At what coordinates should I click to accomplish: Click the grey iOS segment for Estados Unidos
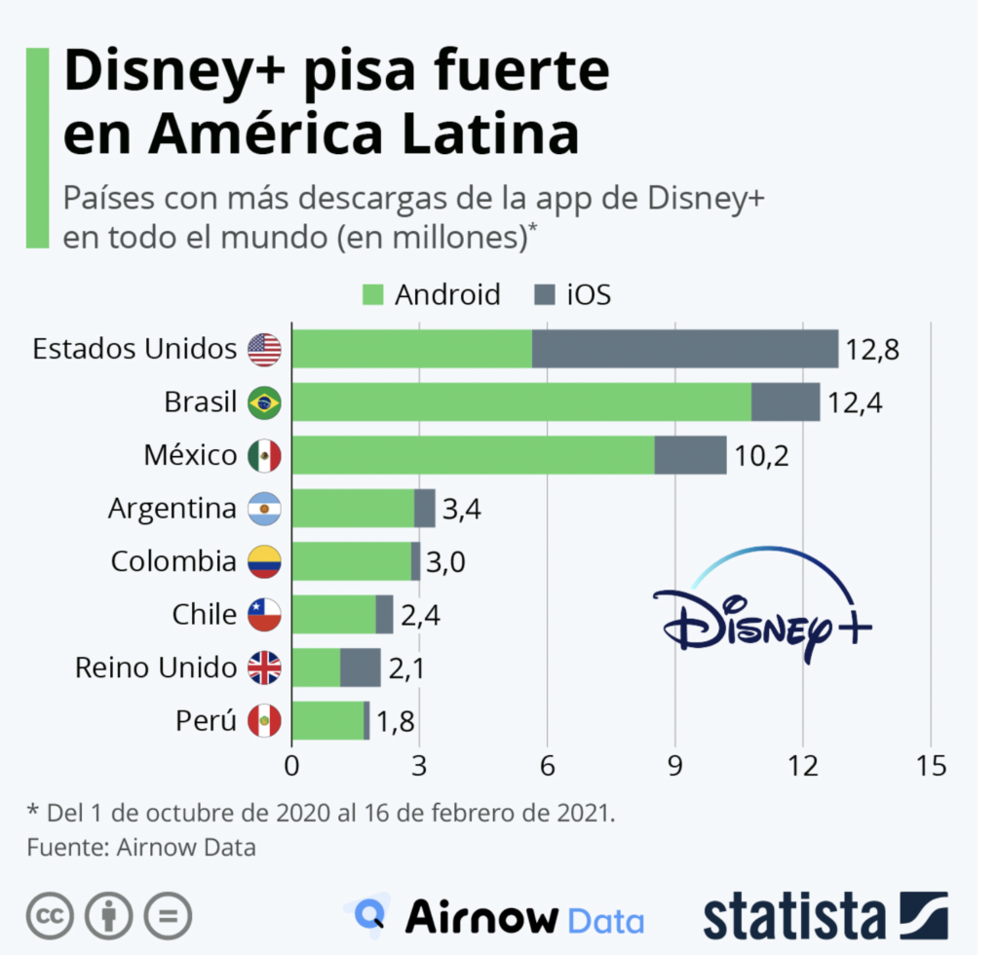(x=684, y=349)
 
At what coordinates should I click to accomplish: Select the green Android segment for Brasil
(x=521, y=401)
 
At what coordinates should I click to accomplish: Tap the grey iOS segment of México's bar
(x=690, y=455)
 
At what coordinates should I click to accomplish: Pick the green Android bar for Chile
(x=333, y=614)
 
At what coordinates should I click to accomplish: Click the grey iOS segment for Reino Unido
(x=361, y=668)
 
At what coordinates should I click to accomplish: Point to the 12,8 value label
(x=871, y=350)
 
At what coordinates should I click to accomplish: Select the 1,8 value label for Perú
(x=396, y=721)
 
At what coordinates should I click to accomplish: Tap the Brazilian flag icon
(x=264, y=402)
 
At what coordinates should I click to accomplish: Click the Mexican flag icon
(x=264, y=455)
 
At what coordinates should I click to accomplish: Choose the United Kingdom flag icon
(x=264, y=668)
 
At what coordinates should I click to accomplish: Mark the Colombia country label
(x=173, y=561)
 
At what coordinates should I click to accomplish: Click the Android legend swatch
(x=374, y=294)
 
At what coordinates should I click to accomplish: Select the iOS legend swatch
(x=546, y=294)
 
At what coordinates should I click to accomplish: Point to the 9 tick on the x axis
(x=674, y=766)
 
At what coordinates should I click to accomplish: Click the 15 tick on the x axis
(x=931, y=766)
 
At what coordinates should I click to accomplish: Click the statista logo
(x=825, y=917)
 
